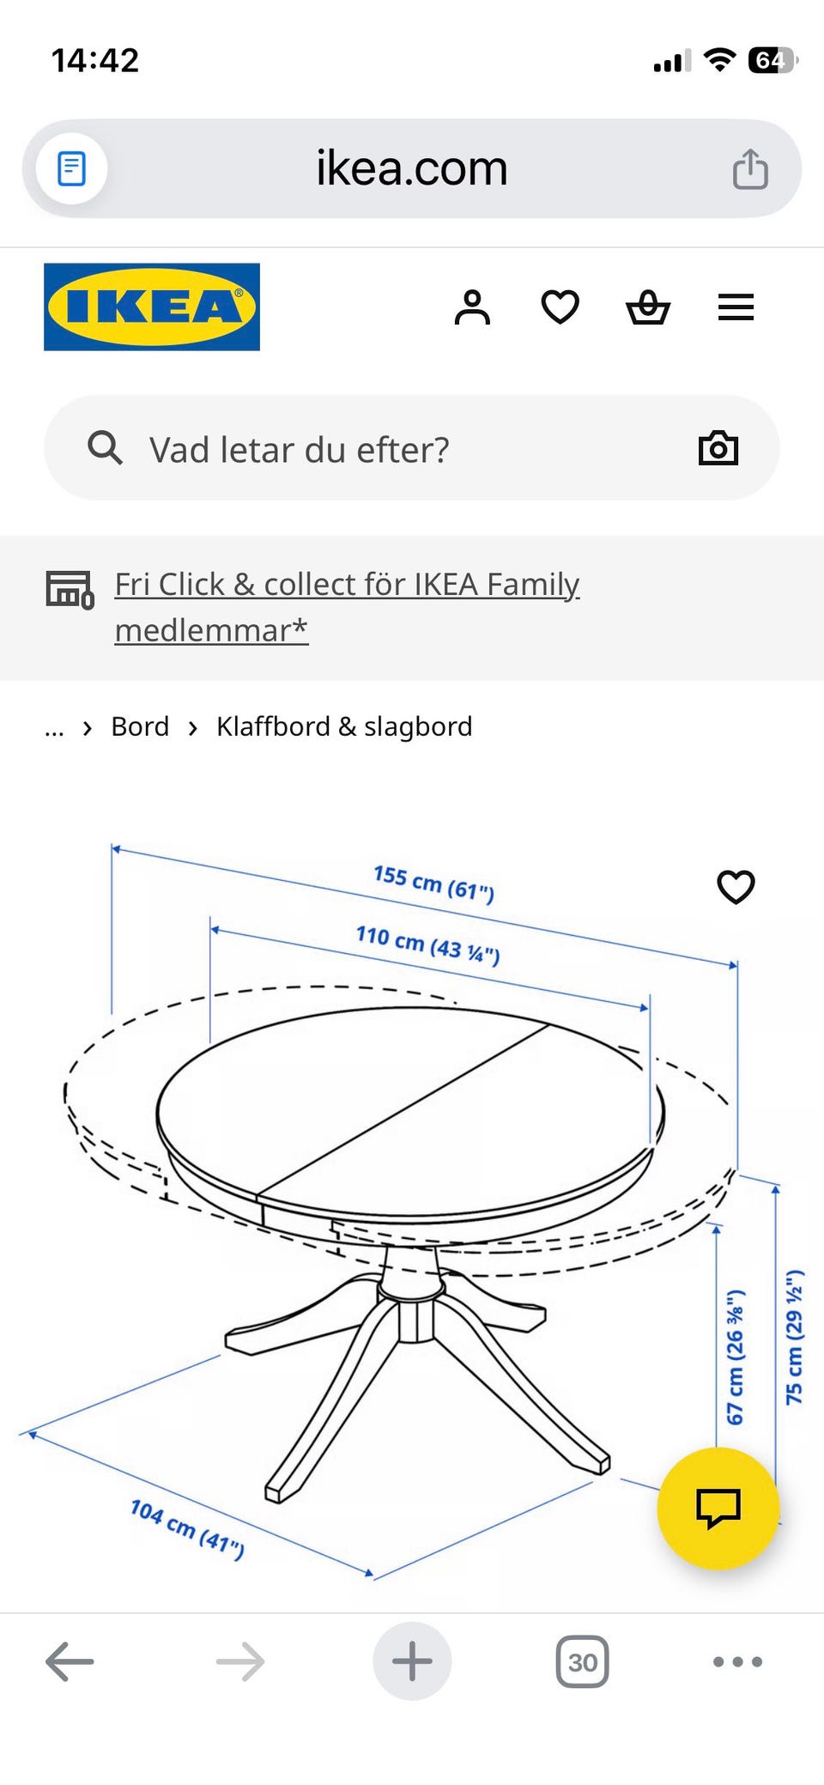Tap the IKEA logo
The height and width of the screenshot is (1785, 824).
pyautogui.click(x=152, y=307)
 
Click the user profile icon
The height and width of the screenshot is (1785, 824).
pyautogui.click(x=472, y=307)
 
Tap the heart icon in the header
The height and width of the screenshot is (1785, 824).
pyautogui.click(x=560, y=307)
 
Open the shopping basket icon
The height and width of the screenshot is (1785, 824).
pyautogui.click(x=648, y=307)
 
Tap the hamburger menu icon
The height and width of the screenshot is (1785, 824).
pyautogui.click(x=736, y=307)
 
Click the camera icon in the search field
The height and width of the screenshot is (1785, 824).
pyautogui.click(x=718, y=448)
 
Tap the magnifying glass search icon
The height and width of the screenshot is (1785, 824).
pyautogui.click(x=105, y=447)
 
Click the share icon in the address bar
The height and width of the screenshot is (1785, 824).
pyautogui.click(x=750, y=168)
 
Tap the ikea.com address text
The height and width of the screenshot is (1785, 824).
pyautogui.click(x=412, y=167)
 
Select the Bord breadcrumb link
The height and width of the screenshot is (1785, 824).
pyautogui.click(x=140, y=726)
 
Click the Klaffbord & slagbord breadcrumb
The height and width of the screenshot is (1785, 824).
pyautogui.click(x=344, y=726)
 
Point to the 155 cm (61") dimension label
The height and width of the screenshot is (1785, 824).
pyautogui.click(x=434, y=883)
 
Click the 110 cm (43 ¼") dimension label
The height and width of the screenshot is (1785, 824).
pyautogui.click(x=428, y=944)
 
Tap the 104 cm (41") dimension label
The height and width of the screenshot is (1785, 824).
pyautogui.click(x=187, y=1528)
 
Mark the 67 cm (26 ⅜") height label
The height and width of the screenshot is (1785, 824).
pyautogui.click(x=736, y=1357)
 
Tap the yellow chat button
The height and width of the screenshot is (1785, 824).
pyautogui.click(x=718, y=1509)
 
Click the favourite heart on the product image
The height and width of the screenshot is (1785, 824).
pyautogui.click(x=736, y=887)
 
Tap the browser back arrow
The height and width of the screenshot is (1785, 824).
pyautogui.click(x=70, y=1661)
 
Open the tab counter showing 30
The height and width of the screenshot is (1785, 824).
pyautogui.click(x=583, y=1662)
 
